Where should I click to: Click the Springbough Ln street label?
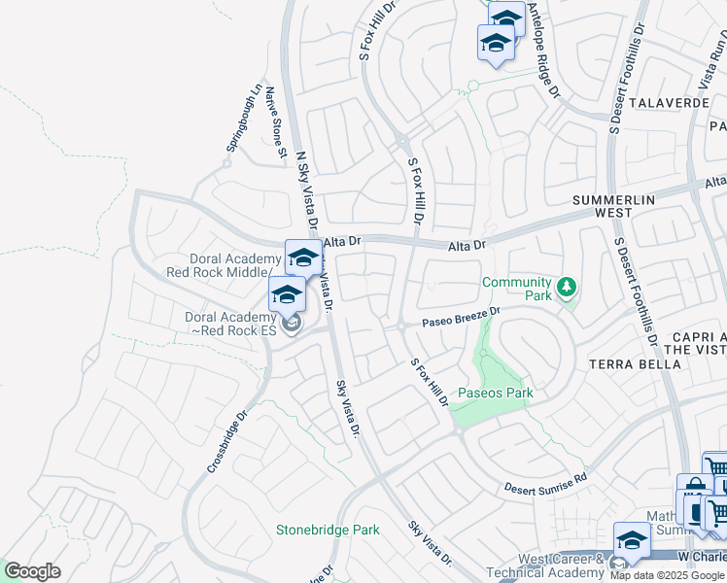(245, 119)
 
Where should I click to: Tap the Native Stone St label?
(276, 121)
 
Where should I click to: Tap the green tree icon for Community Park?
(566, 288)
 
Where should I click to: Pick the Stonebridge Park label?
(328, 530)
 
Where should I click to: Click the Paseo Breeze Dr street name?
(461, 318)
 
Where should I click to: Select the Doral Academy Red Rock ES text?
(231, 324)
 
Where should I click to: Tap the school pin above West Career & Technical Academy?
(632, 540)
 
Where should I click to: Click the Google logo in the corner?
(32, 571)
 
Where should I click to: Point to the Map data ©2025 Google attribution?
(667, 575)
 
